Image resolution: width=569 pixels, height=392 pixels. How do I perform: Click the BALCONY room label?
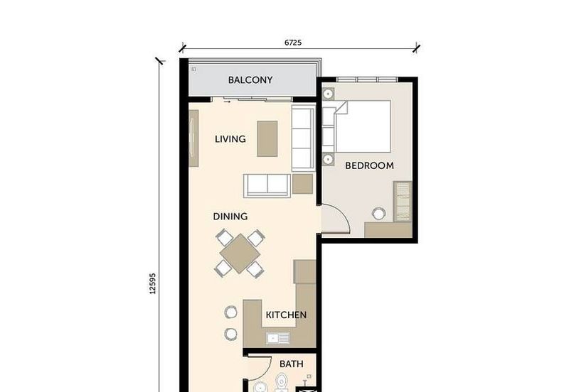(x=250, y=80)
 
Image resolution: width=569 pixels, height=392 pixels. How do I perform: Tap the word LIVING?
(x=230, y=139)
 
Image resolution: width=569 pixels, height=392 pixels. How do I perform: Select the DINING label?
(x=230, y=217)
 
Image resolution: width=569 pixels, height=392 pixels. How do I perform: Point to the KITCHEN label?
(x=286, y=315)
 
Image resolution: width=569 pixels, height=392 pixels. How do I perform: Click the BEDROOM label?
(x=369, y=165)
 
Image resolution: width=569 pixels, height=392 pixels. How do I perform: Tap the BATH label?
(x=292, y=364)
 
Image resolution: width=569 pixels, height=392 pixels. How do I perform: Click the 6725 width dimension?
(x=293, y=43)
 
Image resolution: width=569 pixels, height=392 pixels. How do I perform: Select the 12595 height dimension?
(x=152, y=283)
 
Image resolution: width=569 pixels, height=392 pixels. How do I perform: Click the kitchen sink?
(x=278, y=338)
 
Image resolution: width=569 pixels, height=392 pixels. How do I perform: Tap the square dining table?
(x=240, y=254)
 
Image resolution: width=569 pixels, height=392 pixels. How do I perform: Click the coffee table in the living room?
(x=267, y=138)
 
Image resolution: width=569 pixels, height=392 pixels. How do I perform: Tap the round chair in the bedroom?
(x=378, y=213)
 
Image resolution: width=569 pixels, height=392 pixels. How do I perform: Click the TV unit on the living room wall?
(x=193, y=138)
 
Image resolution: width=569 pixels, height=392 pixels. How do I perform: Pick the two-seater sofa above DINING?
(x=267, y=186)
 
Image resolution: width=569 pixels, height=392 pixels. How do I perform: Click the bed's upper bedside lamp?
(x=328, y=94)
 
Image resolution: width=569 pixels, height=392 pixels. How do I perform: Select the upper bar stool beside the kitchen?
(x=230, y=312)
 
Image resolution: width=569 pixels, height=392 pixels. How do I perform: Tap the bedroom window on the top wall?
(x=367, y=80)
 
